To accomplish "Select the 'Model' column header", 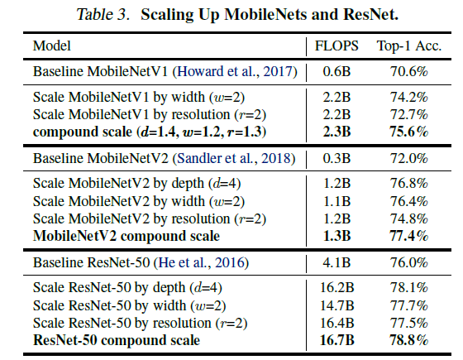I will (50, 46).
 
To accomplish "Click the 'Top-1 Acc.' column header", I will (409, 46).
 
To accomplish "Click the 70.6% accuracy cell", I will (408, 73).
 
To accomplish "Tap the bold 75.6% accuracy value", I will (408, 132).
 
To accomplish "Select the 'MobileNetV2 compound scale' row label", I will (126, 236).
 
